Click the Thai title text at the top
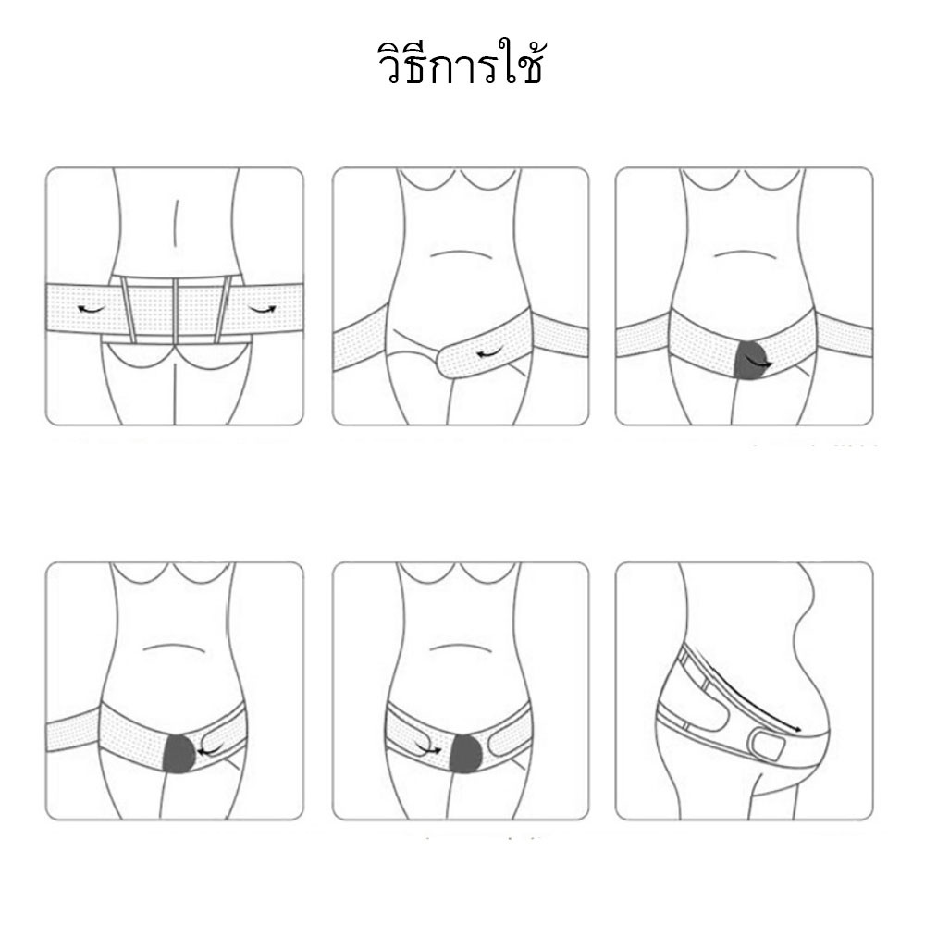tap(460, 63)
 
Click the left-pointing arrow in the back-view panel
tap(92, 309)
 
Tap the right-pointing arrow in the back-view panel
tap(262, 309)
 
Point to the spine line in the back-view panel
tap(176, 219)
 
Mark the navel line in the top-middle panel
tap(461, 253)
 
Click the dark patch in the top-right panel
tap(750, 360)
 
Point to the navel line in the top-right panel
tap(744, 253)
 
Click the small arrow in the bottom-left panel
tap(211, 750)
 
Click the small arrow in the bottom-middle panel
tap(427, 748)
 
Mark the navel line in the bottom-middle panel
tap(461, 648)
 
